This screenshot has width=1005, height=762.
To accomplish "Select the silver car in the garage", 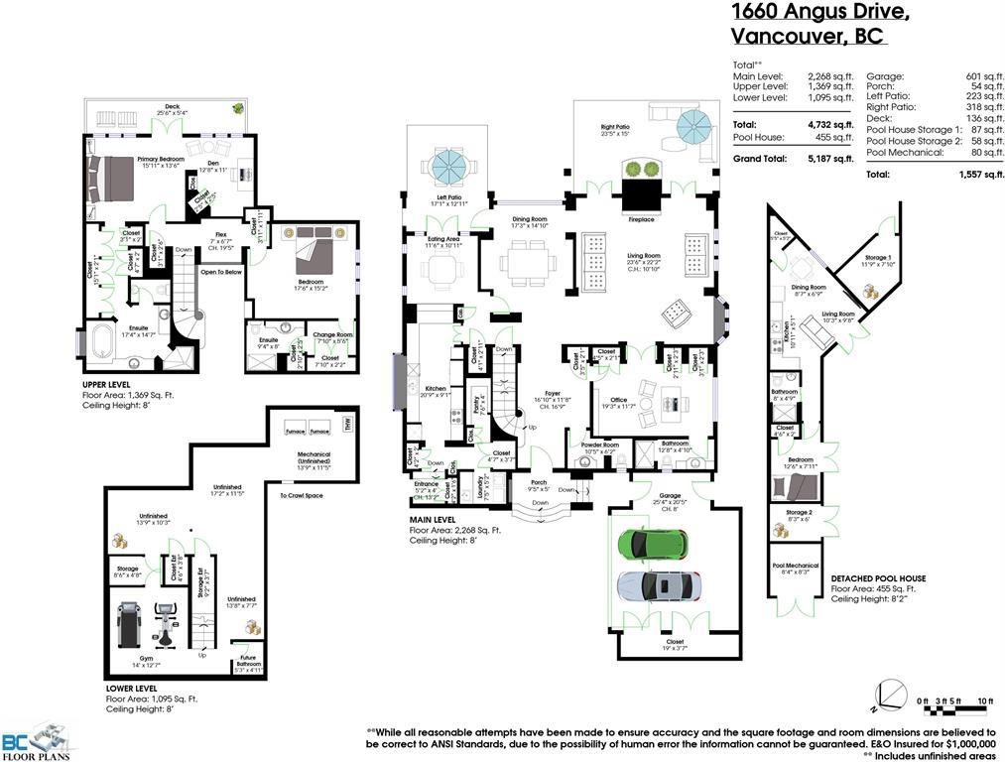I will [x=658, y=586].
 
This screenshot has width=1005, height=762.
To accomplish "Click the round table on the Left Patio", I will [x=445, y=162].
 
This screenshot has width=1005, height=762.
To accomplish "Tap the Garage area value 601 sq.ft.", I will [x=978, y=76].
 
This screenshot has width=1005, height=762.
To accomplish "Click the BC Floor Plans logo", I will [x=38, y=740].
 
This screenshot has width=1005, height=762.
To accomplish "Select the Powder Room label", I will [x=602, y=446].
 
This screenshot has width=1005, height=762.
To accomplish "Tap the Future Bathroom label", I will [x=247, y=667].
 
